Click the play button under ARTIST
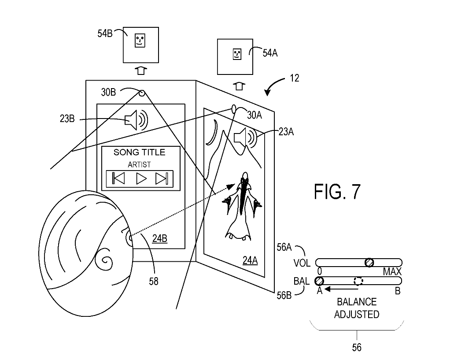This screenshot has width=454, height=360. (141, 178)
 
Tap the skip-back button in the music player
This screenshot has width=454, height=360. (118, 178)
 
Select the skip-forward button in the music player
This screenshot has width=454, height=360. (162, 178)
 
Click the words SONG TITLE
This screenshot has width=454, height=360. (139, 152)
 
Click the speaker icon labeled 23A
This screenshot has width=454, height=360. (245, 137)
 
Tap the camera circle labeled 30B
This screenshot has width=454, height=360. (142, 93)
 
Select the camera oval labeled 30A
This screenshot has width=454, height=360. (234, 109)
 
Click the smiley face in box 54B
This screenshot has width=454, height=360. (140, 40)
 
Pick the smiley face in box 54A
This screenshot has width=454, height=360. (237, 54)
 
